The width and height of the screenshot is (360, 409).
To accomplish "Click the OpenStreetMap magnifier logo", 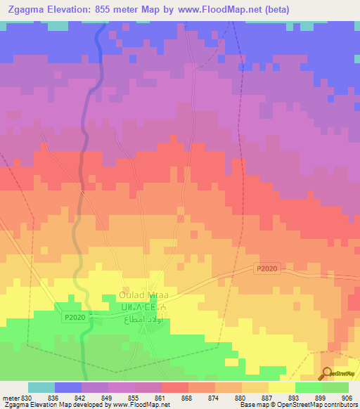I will coord(327,373).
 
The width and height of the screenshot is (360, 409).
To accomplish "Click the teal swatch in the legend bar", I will coord(41,387).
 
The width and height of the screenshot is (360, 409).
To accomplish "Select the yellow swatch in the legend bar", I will coord(282,387).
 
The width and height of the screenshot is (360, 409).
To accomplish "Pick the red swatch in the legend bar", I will coord(175,387).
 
